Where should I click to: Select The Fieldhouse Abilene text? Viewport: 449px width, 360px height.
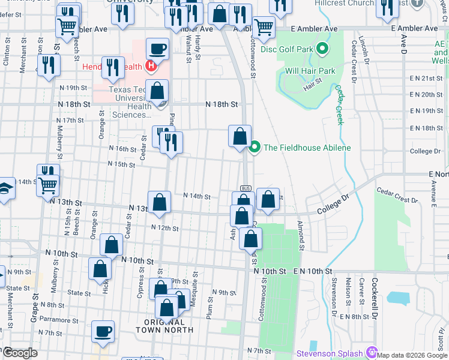pyautogui.click(x=307, y=148)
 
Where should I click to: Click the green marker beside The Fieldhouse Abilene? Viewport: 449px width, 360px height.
pyautogui.click(x=255, y=147)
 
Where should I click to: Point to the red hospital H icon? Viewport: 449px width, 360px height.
pyautogui.click(x=151, y=66)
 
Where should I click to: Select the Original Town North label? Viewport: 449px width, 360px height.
pyautogui.click(x=164, y=325)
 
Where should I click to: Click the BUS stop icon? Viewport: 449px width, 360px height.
pyautogui.click(x=245, y=188)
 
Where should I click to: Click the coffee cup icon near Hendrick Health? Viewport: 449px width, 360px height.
pyautogui.click(x=157, y=49)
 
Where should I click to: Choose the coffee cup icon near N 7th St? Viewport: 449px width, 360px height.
pyautogui.click(x=103, y=331)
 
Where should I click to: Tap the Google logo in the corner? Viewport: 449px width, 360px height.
pyautogui.click(x=19, y=353)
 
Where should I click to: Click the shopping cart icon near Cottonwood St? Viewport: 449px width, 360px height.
pyautogui.click(x=264, y=27)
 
